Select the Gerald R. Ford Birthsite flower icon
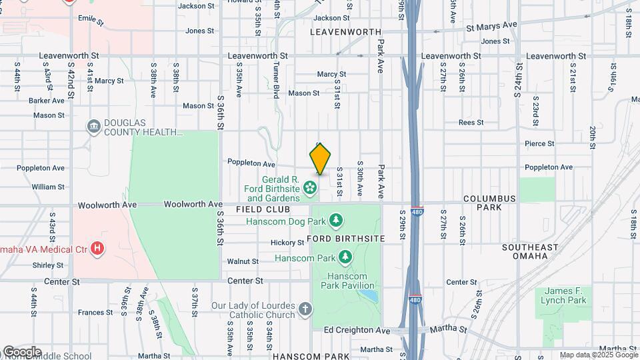310,189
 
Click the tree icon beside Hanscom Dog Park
337,221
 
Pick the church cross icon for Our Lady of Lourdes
305,309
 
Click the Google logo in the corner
22,352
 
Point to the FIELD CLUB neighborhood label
262,209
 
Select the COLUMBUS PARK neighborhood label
490,203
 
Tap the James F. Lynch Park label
565,296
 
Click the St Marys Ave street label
491,25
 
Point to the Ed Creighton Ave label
357,331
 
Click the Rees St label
471,123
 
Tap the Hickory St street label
287,243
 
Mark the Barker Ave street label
47,101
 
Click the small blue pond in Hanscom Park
371,295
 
